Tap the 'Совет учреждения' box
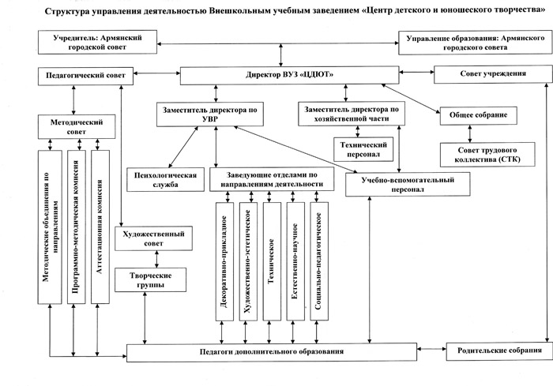pos(492,75)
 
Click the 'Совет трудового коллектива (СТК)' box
pos(486,154)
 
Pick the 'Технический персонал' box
pos(363,150)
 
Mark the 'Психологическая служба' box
pos(161,178)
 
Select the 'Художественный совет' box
pos(155,239)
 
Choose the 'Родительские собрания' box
pos(495,350)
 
